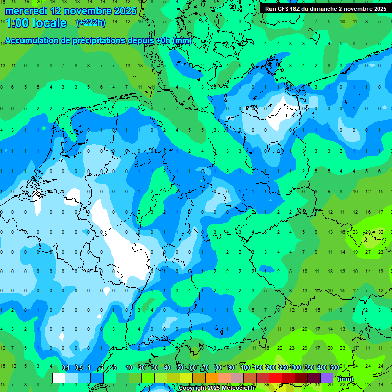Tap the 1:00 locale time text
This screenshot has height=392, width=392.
tap(36, 23)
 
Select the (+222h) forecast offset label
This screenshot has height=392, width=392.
tap(90, 22)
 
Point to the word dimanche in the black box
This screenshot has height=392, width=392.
tap(328, 9)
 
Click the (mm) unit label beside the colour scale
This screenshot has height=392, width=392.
tap(346, 379)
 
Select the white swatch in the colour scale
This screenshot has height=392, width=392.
tap(59, 378)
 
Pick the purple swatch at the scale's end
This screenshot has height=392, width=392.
tap(327, 378)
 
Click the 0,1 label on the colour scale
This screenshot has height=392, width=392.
tap(65, 368)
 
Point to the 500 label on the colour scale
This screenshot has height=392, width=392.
tap(335, 368)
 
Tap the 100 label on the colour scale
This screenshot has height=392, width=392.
tap(245, 368)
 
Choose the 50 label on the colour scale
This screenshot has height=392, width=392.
tap(180, 368)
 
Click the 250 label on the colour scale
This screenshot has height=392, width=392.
tap(283, 368)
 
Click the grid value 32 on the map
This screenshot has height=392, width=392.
tap(381, 232)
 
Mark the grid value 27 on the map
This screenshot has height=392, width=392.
tap(368, 252)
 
